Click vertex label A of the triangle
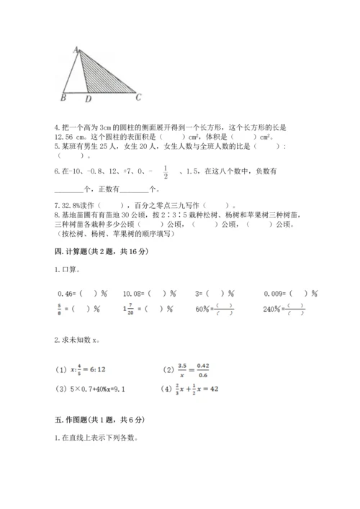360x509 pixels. pos(76,49)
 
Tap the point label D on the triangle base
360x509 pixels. pos(88,98)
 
